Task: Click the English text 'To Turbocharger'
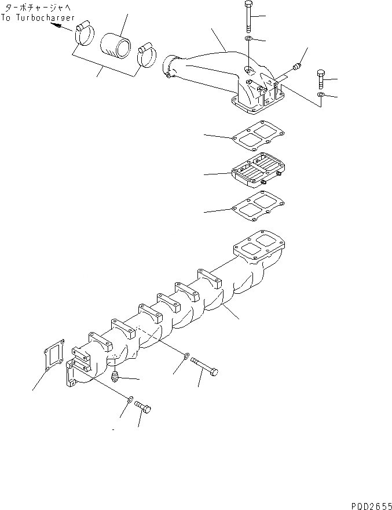click(x=38, y=18)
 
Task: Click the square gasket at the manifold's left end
click(x=53, y=355)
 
